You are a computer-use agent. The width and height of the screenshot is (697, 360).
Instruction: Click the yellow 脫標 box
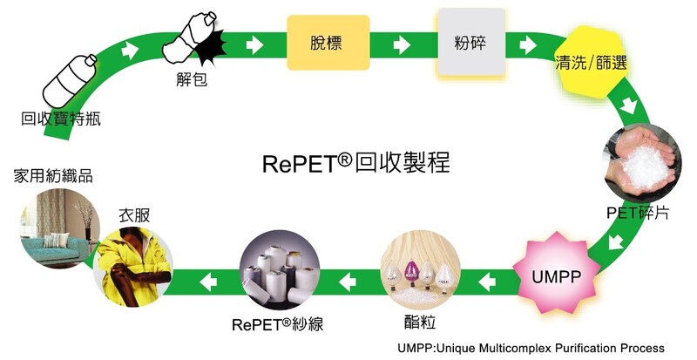328,43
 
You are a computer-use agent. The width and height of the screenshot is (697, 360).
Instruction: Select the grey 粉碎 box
471,42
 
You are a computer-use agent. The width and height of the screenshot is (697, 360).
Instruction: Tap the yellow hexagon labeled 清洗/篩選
590,62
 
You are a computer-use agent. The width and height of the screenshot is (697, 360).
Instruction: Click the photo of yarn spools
280,269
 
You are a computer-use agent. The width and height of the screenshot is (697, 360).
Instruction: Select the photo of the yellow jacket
133,267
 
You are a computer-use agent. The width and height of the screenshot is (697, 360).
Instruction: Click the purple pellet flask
410,273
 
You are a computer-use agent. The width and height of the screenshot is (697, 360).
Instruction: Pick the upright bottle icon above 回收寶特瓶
69,81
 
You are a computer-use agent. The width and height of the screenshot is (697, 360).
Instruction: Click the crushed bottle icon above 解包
194,40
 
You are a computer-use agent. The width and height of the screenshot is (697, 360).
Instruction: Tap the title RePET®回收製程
356,162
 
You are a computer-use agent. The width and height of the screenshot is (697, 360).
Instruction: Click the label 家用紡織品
53,176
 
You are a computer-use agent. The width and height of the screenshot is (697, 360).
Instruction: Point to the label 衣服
134,215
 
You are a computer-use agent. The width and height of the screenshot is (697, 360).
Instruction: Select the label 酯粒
420,322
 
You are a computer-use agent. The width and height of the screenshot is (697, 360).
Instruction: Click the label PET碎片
638,213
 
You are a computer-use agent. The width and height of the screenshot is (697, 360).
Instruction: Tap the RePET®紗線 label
277,324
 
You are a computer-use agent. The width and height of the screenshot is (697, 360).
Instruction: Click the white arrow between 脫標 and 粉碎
403,45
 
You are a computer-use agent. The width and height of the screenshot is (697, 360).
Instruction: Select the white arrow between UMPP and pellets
487,282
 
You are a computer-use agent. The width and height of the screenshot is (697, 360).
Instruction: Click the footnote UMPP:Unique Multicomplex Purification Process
531,348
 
